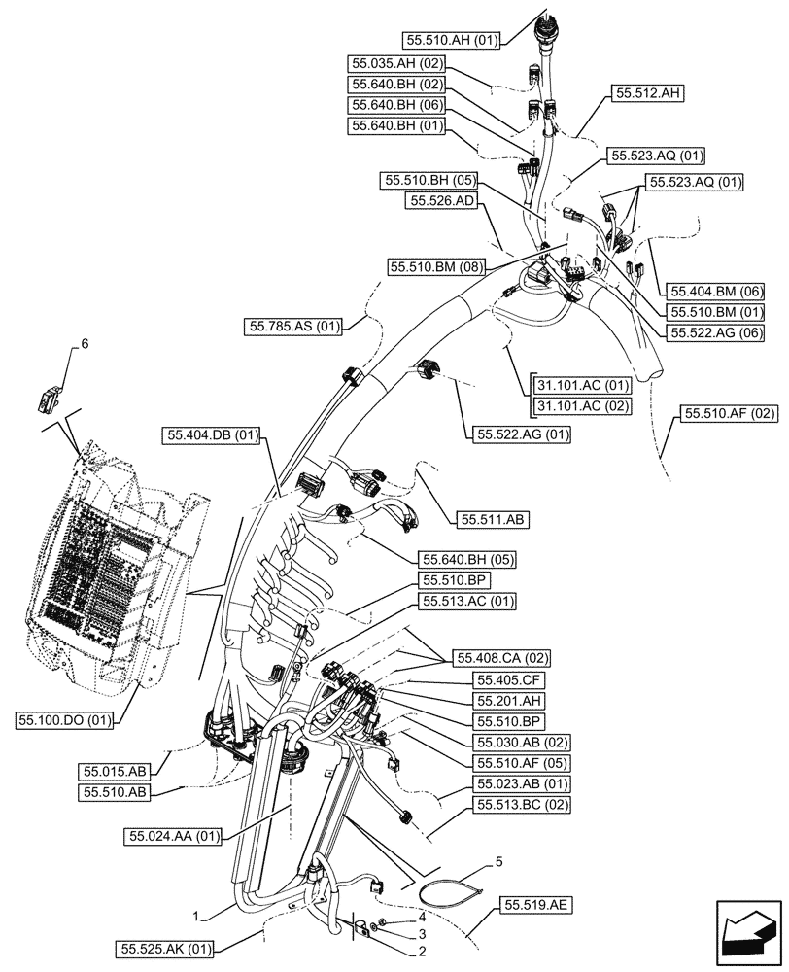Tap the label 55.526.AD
coord(442,201)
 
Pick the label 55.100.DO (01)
coord(65,719)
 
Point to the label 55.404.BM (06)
coord(714,292)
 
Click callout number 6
coord(84,344)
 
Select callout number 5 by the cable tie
coord(498,861)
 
